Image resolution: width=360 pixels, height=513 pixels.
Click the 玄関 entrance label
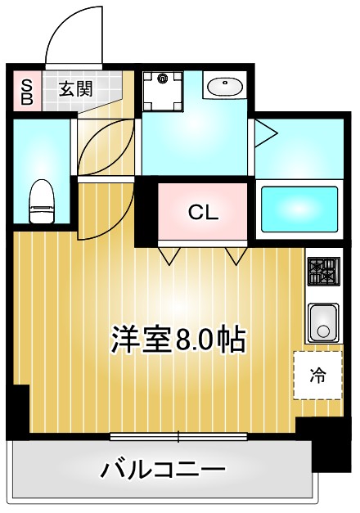[75, 89]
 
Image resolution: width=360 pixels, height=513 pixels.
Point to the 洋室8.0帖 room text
[178, 339]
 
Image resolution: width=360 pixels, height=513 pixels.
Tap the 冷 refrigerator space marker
[317, 376]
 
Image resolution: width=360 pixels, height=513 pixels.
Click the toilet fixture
[40, 201]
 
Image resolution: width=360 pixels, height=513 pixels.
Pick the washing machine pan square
[163, 91]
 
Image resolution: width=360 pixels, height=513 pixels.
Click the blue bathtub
[299, 210]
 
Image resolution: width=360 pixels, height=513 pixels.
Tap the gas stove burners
[323, 271]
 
